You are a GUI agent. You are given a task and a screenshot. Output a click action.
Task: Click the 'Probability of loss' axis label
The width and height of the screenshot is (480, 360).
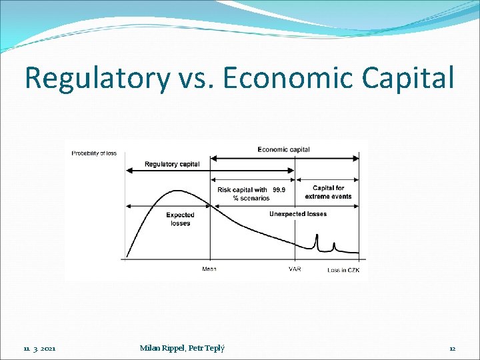(x=94, y=153)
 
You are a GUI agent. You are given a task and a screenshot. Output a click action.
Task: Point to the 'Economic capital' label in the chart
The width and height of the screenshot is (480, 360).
(x=283, y=149)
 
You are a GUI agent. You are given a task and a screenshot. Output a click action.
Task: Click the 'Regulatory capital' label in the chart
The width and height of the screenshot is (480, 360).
(x=171, y=164)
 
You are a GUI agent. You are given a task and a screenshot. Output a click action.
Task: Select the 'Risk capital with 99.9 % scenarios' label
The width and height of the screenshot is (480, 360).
(x=251, y=193)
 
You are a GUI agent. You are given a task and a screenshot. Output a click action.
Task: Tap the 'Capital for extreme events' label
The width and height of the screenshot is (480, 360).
(x=328, y=192)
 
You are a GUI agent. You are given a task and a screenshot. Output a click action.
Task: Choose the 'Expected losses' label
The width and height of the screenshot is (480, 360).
(x=180, y=219)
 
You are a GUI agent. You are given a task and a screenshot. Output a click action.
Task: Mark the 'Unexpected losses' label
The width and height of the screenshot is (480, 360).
(x=298, y=214)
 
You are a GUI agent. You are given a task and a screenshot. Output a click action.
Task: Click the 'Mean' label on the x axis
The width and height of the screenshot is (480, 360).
(x=209, y=269)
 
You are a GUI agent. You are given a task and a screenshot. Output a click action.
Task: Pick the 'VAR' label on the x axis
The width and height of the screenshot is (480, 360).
(x=295, y=269)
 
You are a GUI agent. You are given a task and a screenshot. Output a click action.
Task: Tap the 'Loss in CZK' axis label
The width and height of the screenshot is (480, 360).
(x=343, y=269)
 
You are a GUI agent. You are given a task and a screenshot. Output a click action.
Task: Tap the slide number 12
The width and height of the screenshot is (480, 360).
(x=452, y=348)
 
